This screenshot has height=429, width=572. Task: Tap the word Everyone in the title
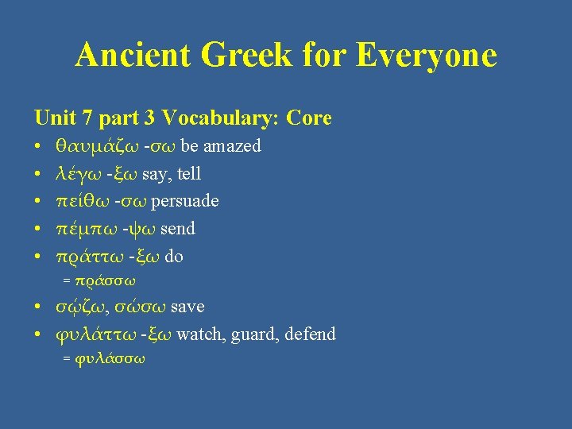pyautogui.click(x=427, y=56)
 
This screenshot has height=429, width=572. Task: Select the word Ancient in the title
pyautogui.click(x=132, y=56)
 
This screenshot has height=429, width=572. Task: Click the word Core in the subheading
pyautogui.click(x=309, y=118)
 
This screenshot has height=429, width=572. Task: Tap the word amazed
pyautogui.click(x=233, y=146)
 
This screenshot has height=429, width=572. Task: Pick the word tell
pyautogui.click(x=190, y=173)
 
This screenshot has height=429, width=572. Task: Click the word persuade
pyautogui.click(x=185, y=201)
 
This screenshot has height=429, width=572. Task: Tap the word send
pyautogui.click(x=178, y=229)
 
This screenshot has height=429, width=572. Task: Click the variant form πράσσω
pyautogui.click(x=110, y=280)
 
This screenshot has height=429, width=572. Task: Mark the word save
pyautogui.click(x=188, y=307)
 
